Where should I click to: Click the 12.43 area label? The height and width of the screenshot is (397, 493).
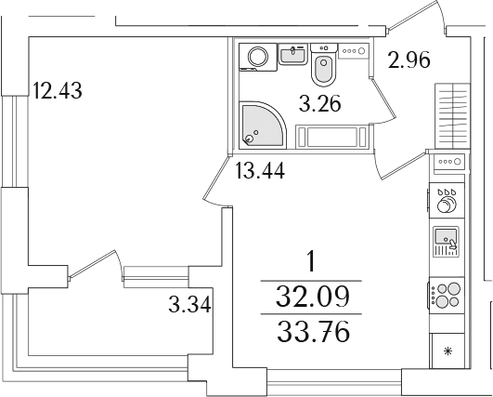[x=58, y=90]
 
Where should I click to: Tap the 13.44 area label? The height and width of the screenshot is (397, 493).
[x=260, y=170]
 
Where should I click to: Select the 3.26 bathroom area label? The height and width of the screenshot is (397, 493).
[x=320, y=104]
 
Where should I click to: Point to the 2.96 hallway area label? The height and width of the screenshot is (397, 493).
[x=409, y=60]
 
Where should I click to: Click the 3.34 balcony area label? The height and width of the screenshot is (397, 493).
[x=189, y=305]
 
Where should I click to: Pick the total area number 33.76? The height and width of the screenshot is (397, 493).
[x=313, y=331]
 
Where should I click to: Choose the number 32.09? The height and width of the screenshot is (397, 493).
[x=313, y=297]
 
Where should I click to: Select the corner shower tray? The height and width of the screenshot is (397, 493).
[x=263, y=125]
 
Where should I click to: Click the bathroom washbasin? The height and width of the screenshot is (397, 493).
[x=293, y=54]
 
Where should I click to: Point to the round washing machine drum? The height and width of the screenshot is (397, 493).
[x=258, y=57]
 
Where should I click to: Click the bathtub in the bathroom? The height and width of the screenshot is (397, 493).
[x=331, y=137]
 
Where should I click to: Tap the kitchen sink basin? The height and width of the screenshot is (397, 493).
[x=446, y=236]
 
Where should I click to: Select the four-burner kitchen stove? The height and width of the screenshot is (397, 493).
[x=447, y=295]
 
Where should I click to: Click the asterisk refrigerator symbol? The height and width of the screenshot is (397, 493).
[x=448, y=351]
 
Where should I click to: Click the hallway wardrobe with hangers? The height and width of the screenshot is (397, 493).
[x=452, y=115]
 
